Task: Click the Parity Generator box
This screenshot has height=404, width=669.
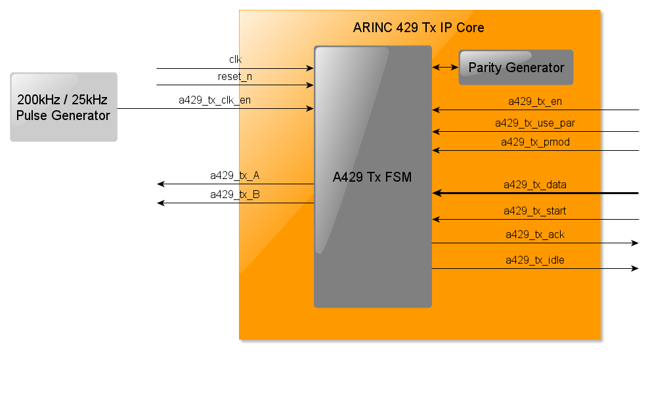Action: coord(515,68)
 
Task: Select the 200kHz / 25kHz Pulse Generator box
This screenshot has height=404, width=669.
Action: coord(64,107)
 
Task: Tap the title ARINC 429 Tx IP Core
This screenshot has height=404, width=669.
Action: coord(418,28)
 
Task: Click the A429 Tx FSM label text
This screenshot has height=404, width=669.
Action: coord(372,177)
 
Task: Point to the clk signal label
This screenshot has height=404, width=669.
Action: coord(235,59)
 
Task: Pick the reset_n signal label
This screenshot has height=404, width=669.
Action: coord(235,76)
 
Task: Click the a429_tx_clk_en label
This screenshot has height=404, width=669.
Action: coord(215,100)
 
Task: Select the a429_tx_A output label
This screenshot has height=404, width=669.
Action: coord(234,175)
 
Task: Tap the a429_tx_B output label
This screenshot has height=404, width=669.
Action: coord(234,194)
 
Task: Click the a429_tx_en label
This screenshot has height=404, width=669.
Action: coord(534,101)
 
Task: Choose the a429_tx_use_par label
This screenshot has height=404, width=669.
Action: coord(534,123)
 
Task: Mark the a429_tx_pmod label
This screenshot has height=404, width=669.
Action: coord(534,142)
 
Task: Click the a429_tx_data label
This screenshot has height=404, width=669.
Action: coord(534,185)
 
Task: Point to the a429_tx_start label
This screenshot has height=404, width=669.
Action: coord(534,211)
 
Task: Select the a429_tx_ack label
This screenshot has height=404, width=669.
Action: coord(534,234)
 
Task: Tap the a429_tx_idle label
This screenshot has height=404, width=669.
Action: coord(534,260)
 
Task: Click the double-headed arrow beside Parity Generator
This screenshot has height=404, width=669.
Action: coord(445,67)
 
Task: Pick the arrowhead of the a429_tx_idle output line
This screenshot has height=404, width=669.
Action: coord(635,268)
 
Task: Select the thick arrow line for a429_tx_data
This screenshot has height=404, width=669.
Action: coord(535,193)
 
